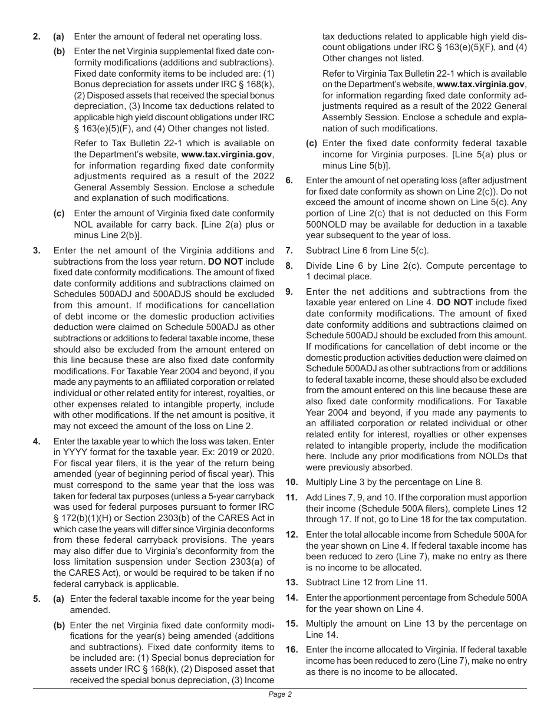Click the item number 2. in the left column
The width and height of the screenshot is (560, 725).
coord(37,37)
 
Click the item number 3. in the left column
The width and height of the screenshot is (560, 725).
coord(37,250)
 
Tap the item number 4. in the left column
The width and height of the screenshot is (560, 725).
coord(37,441)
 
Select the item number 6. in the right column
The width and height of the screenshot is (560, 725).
coord(289,180)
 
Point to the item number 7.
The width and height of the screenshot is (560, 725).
coord(289,250)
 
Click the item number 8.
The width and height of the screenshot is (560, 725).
coord(289,266)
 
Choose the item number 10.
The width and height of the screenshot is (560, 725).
coord(291,482)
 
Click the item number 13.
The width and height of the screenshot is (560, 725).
coord(291,582)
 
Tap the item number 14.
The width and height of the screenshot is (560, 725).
coord(291,597)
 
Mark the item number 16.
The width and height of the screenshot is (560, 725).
coord(291,649)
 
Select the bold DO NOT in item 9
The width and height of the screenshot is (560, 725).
coord(454,302)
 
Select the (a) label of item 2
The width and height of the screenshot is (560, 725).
coord(59,37)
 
